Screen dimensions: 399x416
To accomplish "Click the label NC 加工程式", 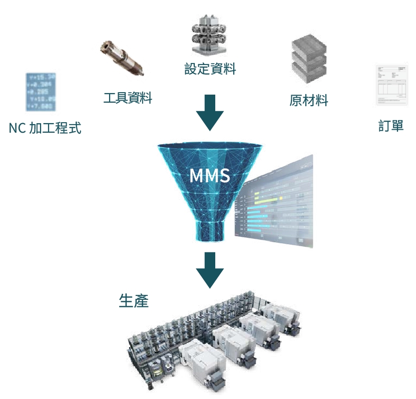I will pyautogui.click(x=45, y=128).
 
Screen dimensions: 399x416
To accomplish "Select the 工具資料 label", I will pyautogui.click(x=128, y=97).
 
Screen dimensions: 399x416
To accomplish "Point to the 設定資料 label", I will pyautogui.click(x=210, y=69).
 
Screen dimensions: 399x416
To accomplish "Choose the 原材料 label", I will pyautogui.click(x=308, y=100).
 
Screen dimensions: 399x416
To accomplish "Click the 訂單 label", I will pyautogui.click(x=391, y=125).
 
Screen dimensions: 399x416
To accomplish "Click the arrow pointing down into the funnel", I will pyautogui.click(x=210, y=113).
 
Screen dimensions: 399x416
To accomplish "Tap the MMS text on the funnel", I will pyautogui.click(x=210, y=176).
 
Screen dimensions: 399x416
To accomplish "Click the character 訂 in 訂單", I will pyautogui.click(x=384, y=125).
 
